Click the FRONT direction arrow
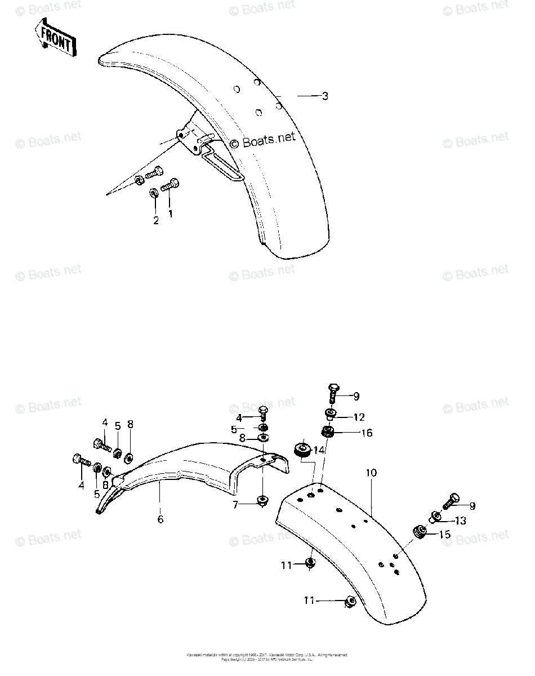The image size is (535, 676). click(54, 39)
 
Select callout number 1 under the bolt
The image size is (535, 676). click(171, 214)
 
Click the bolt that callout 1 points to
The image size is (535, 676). click(171, 184)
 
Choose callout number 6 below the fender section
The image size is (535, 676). click(160, 519)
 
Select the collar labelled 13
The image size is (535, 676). click(436, 515)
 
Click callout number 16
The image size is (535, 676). click(367, 433)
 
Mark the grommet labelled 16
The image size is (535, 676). click(328, 433)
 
